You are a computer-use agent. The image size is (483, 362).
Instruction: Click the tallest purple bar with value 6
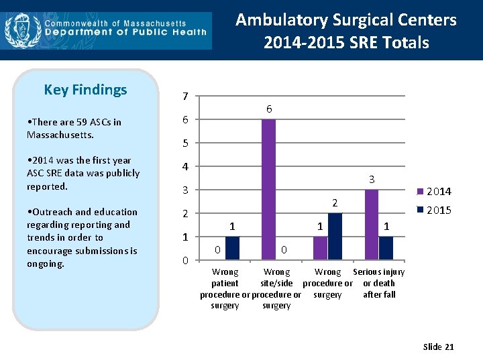(x=268, y=189)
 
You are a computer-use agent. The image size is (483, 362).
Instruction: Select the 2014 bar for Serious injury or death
(x=372, y=225)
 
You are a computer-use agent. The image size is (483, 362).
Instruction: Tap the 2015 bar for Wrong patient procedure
(x=232, y=248)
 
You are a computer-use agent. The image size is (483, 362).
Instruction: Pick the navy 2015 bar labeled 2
(x=335, y=236)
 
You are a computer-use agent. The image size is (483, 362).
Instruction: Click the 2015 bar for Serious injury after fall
(x=386, y=248)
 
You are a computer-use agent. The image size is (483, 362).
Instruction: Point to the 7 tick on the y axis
(x=185, y=97)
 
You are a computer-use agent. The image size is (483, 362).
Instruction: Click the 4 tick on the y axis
(x=185, y=167)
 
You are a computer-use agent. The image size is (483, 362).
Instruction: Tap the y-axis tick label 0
(x=185, y=261)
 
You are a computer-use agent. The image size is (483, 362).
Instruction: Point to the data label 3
(x=371, y=180)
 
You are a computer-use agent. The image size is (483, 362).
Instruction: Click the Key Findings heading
(x=85, y=90)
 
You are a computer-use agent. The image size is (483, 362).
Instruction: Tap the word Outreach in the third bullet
(x=52, y=212)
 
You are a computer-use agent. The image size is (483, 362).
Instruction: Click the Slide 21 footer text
(x=438, y=347)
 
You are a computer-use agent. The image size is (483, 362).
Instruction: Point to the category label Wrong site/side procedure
(x=276, y=289)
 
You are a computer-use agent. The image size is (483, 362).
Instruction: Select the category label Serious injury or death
(x=379, y=283)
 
